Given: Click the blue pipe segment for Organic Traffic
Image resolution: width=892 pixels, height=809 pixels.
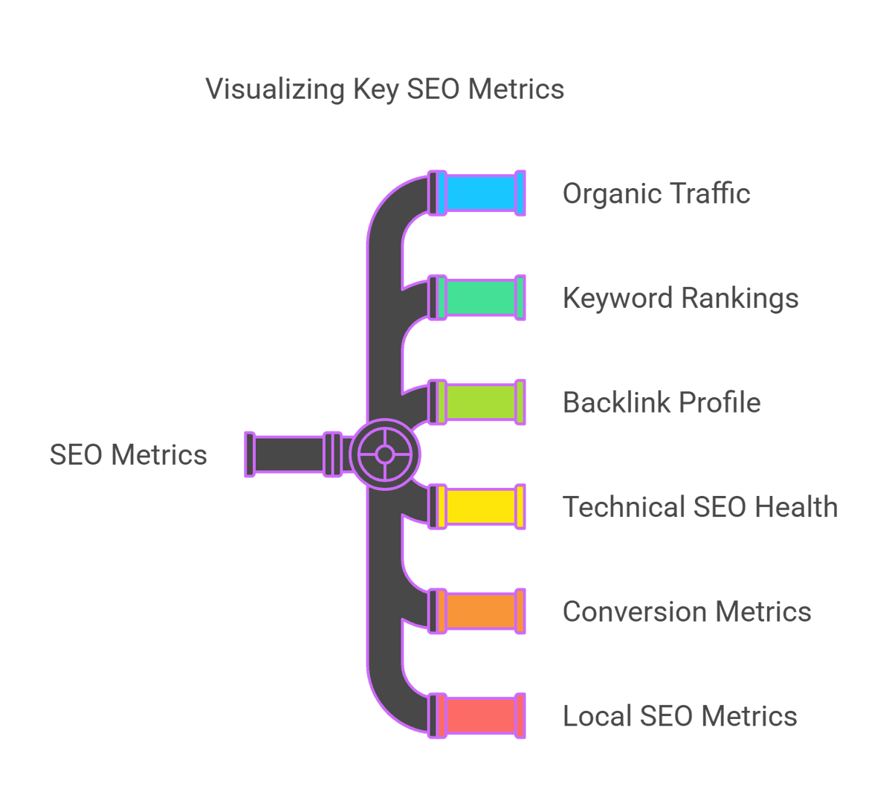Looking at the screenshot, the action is coord(481,193).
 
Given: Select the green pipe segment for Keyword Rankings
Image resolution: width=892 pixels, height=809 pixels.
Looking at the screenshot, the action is coord(481,297).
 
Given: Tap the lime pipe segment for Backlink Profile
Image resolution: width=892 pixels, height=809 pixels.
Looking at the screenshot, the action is coord(481,402).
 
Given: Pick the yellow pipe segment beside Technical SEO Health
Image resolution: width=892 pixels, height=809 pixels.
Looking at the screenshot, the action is coord(481,506).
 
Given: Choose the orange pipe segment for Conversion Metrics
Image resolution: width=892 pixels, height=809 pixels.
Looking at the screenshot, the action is coord(481,611).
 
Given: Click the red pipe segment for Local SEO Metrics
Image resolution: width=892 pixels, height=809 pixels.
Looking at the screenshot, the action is coord(481,715).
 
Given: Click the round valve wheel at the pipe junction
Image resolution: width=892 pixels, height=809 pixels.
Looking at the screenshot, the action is coord(384,454).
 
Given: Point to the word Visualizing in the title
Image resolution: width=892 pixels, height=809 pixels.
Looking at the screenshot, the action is coord(275,90).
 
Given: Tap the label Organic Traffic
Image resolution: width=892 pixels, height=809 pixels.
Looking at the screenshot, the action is coord(656,193).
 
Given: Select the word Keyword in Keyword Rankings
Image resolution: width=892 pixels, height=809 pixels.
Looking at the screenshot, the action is coord(618,297).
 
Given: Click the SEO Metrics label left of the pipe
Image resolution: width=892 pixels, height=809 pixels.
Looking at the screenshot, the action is coord(129,455).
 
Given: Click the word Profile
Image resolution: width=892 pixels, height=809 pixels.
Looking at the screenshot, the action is coord(720,402).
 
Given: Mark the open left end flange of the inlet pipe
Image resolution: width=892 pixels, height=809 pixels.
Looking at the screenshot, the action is coord(250,454).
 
